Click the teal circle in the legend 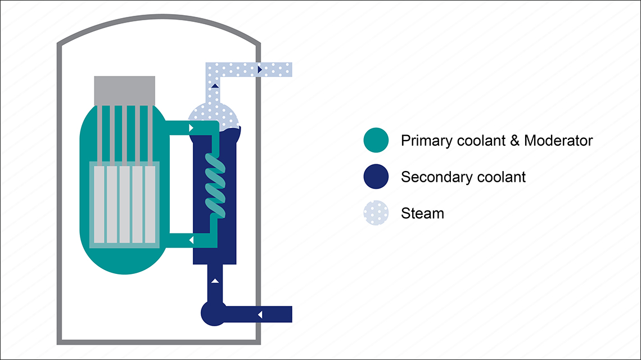[376, 140]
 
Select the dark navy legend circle [376, 177]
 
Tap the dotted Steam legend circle [376, 213]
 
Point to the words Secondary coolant [463, 177]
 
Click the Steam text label [422, 214]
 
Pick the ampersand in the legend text [514, 141]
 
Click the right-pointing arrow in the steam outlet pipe [260, 69]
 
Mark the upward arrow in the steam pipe [215, 86]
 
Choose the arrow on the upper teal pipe [192, 128]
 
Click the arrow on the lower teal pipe [192, 241]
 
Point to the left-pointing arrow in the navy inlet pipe [259, 314]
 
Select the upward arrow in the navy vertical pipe [214, 280]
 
